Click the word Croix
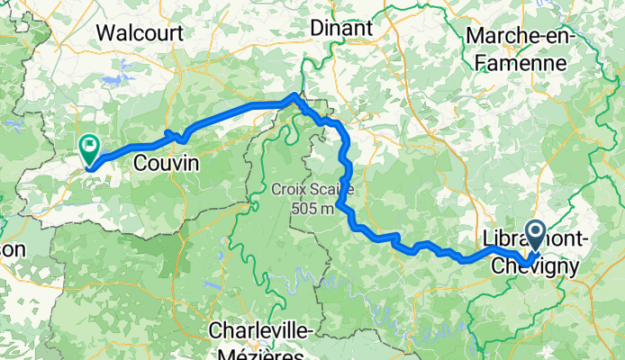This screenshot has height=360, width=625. (x=288, y=191)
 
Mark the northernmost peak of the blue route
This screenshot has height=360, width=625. (x=295, y=95)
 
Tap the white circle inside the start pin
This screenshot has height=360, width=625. (x=535, y=234)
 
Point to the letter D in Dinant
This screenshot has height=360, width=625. (x=316, y=28)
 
